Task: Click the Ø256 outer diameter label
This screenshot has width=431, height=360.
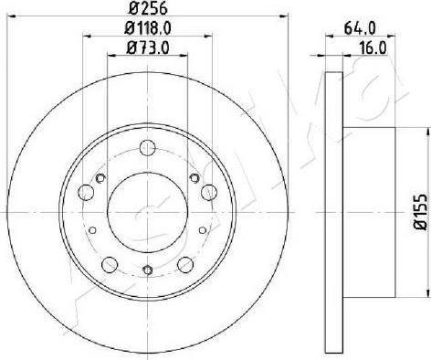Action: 147,11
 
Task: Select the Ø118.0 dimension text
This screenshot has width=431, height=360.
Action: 147,28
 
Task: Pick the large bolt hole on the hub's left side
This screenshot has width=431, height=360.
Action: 86,192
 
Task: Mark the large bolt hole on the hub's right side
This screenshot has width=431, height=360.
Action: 208,192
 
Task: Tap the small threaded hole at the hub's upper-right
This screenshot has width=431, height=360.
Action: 194,177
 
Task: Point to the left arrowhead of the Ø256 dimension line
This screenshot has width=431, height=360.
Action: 25,20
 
